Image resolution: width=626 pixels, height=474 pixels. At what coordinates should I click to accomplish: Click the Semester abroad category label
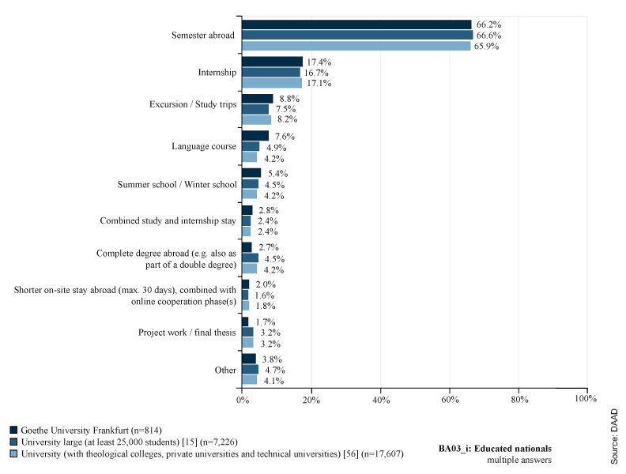coord(204,36)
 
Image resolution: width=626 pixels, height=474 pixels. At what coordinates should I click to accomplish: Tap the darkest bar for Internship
coord(272,62)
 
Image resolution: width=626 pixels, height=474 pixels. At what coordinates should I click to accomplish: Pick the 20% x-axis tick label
coord(311,400)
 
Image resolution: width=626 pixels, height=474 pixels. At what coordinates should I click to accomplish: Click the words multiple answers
coord(519,459)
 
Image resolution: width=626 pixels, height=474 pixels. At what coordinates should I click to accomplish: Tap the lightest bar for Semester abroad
coord(356,46)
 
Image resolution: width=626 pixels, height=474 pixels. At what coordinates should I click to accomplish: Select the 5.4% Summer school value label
coord(275,173)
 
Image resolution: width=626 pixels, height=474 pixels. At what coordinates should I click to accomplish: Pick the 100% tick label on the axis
coord(586,400)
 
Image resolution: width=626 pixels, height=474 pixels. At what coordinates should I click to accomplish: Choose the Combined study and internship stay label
coord(168,221)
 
